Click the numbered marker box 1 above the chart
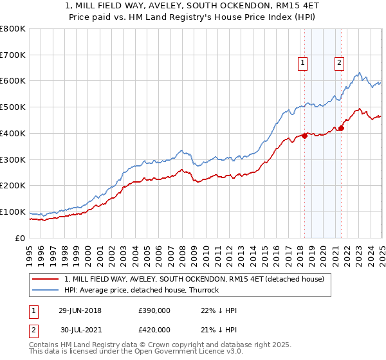[x=302, y=63]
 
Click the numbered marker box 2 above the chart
[x=338, y=63]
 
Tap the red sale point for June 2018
[x=304, y=136]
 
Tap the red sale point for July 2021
[x=342, y=128]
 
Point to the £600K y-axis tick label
[x=14, y=81]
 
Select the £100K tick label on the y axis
[x=14, y=212]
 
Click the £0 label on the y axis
[x=21, y=238]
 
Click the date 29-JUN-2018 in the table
[x=80, y=310]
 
